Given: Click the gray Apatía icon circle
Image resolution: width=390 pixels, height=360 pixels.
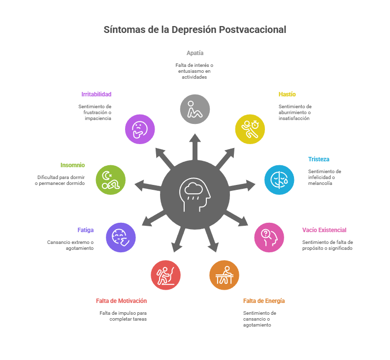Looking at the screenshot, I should click(195, 109).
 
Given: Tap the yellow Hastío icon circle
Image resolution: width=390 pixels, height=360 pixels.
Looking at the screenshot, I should click(250, 129).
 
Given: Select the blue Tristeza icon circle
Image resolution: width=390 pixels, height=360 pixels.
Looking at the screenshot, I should click(279, 180).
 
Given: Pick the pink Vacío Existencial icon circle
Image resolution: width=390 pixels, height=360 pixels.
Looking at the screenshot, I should click(269, 237).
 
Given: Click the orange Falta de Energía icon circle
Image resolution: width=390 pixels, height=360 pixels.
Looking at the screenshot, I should click(224, 275).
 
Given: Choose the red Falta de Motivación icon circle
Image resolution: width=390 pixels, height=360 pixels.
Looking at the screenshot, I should click(165, 275).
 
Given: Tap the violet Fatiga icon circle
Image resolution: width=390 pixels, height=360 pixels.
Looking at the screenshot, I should click(121, 237).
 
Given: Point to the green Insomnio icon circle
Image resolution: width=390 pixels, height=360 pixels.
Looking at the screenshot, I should click(111, 180).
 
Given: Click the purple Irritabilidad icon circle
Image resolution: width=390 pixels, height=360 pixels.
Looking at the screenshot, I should click(140, 129).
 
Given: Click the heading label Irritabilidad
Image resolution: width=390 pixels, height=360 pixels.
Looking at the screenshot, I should click(97, 94).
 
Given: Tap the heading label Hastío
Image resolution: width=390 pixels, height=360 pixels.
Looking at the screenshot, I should click(287, 94).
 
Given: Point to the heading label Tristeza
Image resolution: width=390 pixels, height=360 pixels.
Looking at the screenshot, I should click(319, 159).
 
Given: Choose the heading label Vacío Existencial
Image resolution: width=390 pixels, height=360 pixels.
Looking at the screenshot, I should click(324, 230).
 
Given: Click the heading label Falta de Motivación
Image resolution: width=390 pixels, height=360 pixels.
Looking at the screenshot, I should click(121, 300).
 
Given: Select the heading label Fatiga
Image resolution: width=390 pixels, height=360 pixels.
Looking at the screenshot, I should click(86, 230).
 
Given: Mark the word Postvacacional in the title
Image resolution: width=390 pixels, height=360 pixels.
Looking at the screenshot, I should click(253, 30).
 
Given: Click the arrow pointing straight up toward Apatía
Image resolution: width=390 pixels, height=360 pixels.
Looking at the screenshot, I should click(195, 146).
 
